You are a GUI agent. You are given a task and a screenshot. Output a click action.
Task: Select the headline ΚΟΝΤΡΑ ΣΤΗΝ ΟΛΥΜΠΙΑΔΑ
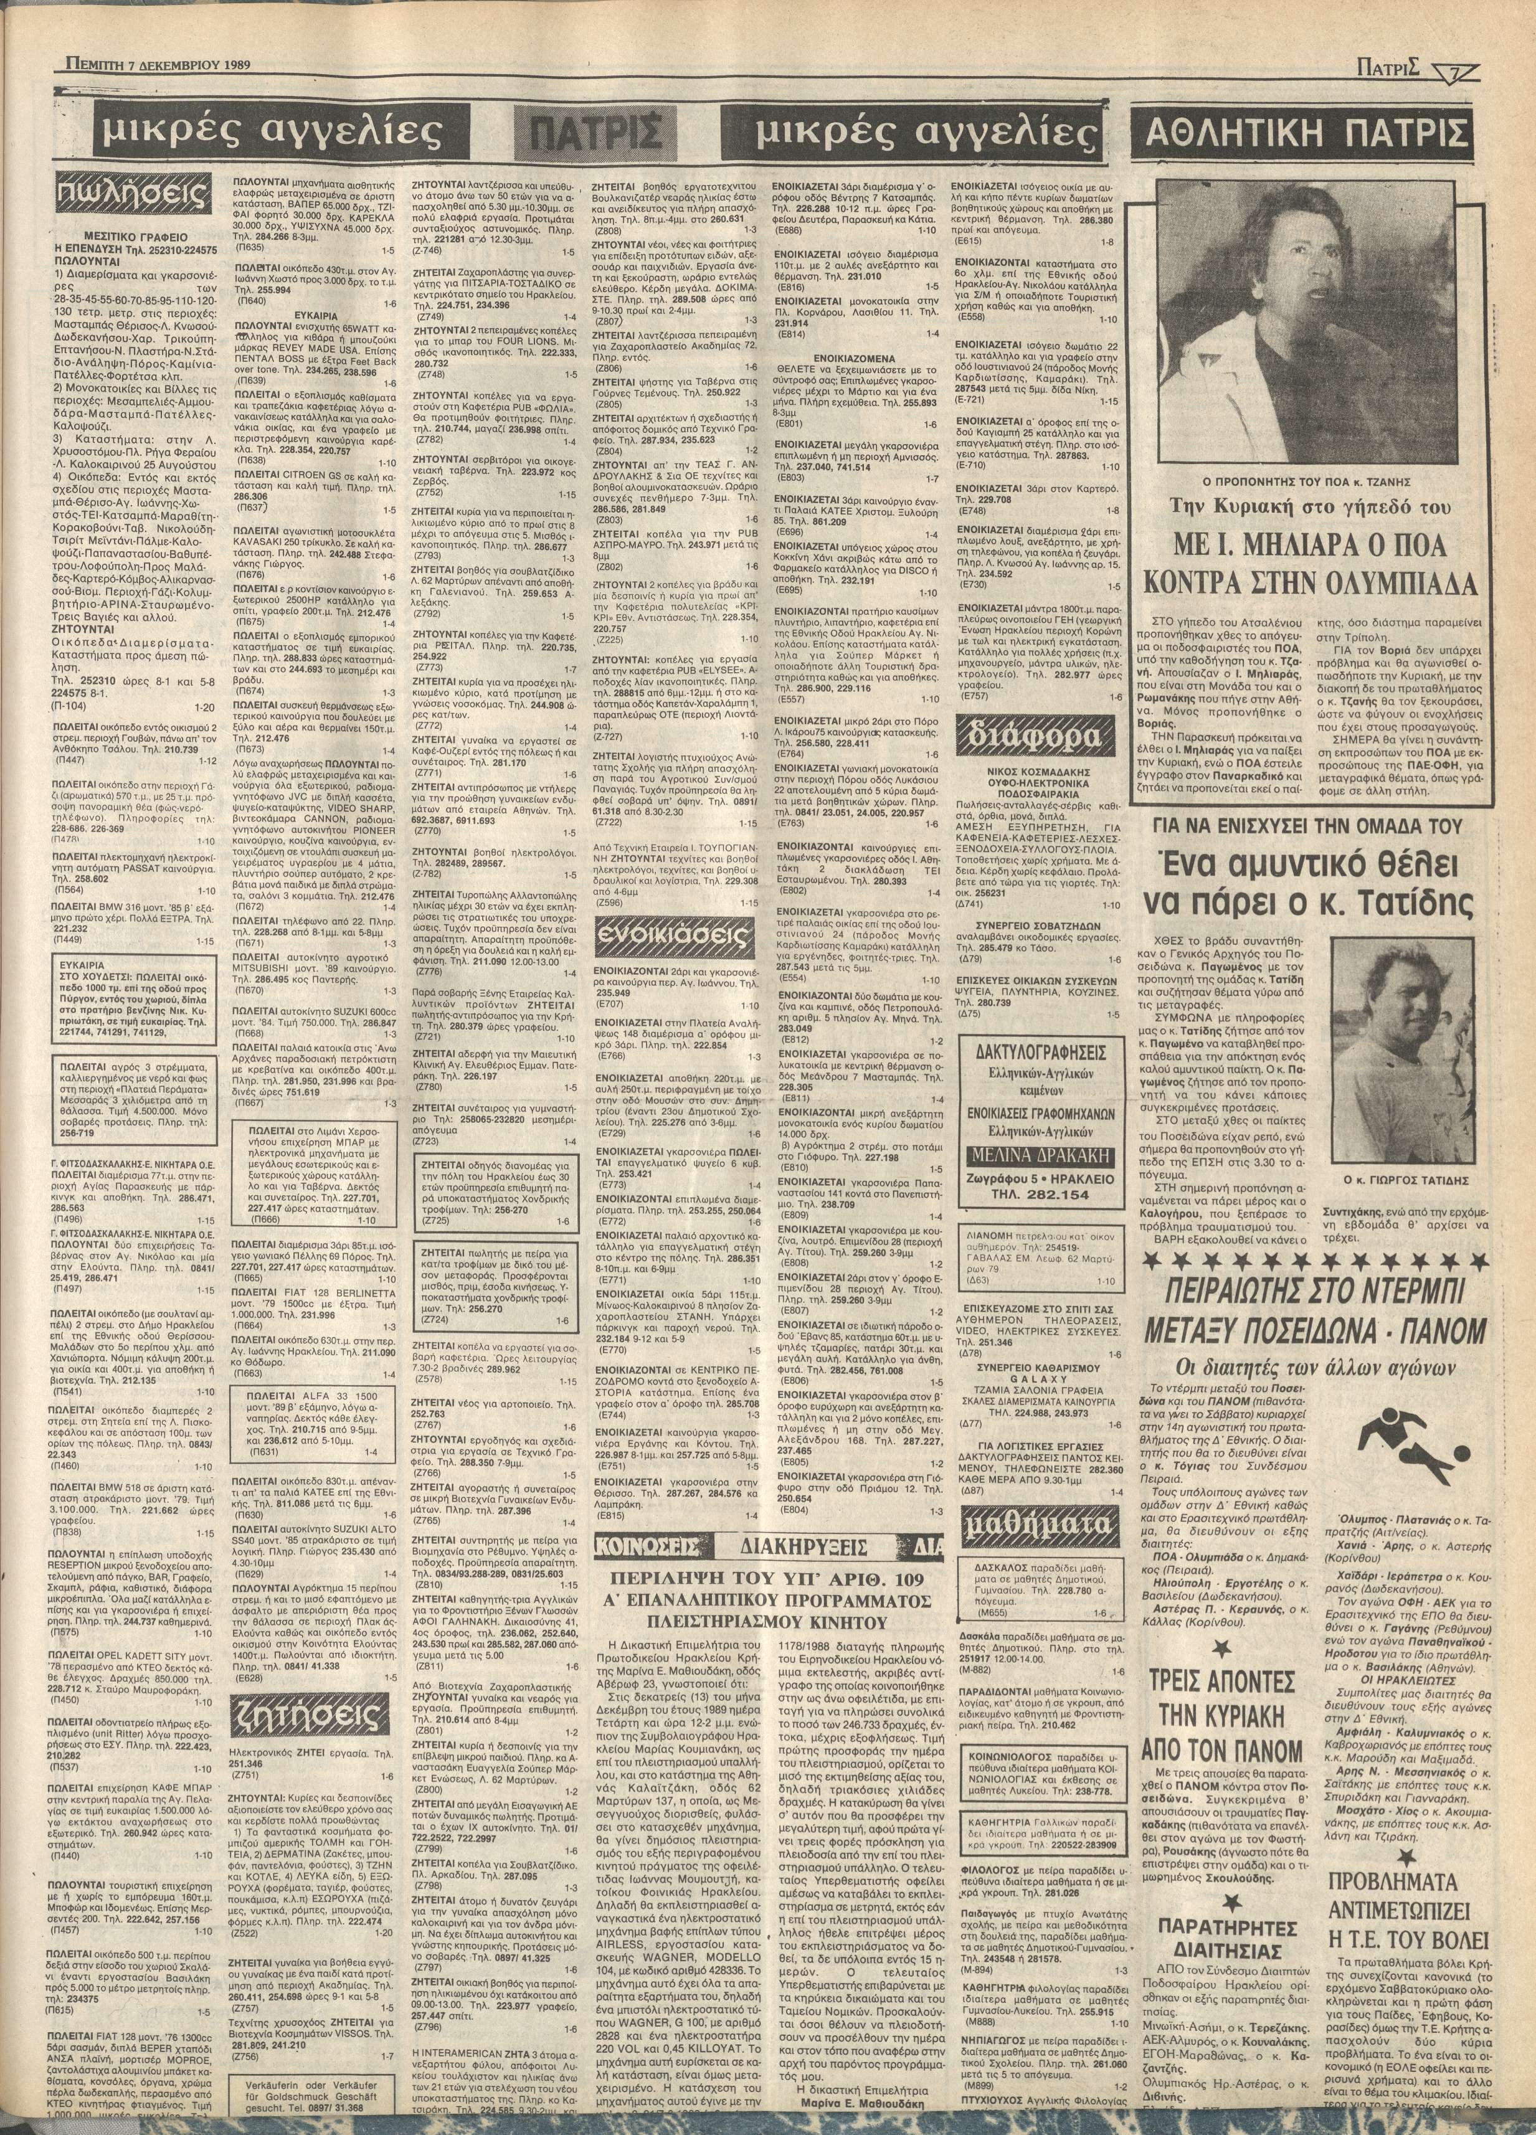click(x=1314, y=584)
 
